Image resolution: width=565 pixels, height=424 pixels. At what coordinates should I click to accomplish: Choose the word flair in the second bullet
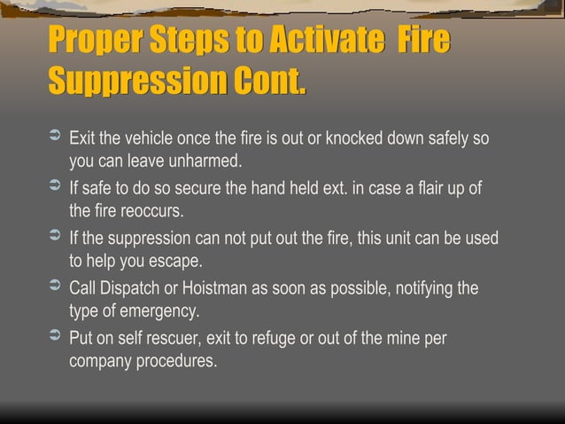(x=426, y=189)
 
